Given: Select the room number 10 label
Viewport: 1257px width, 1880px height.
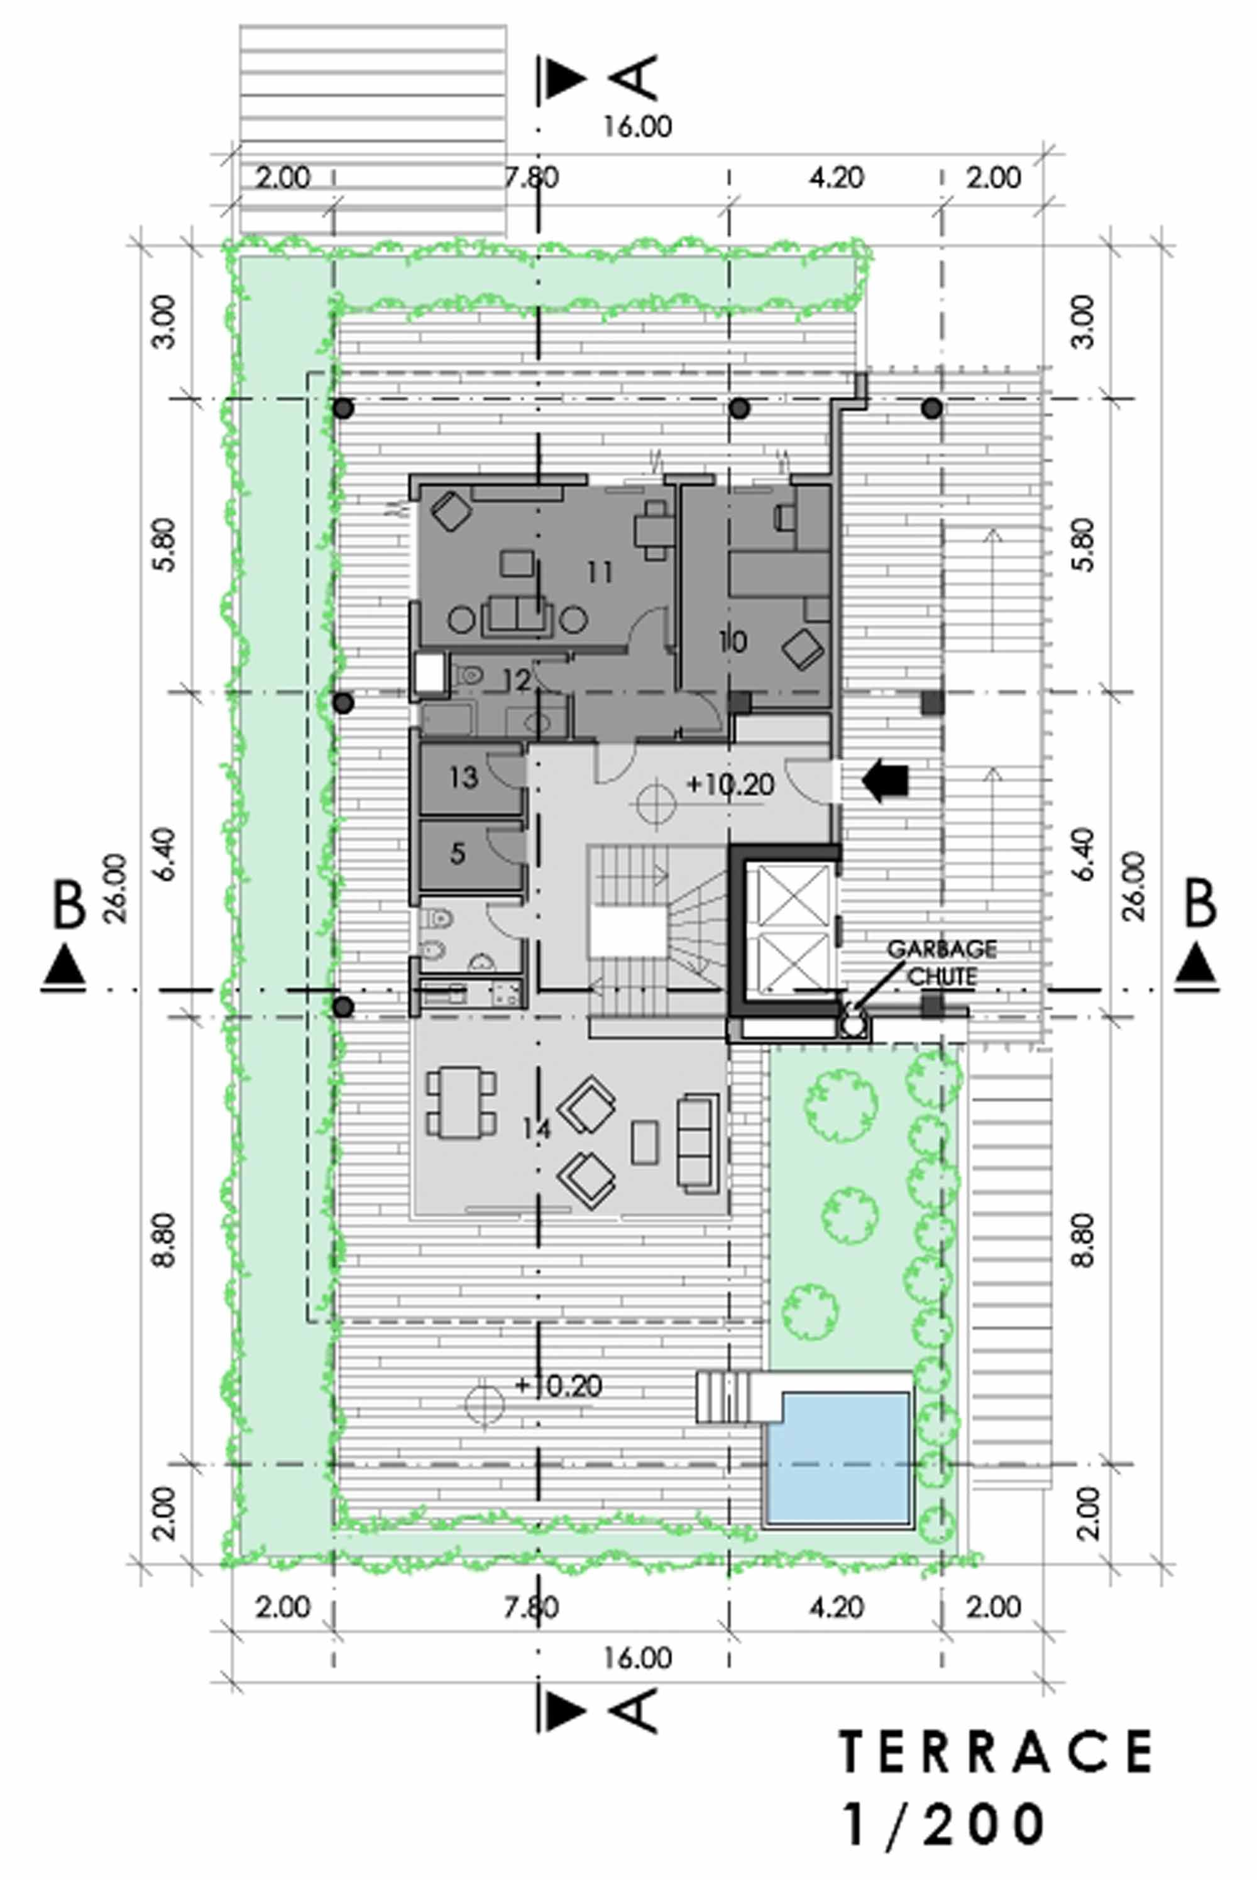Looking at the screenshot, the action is pyautogui.click(x=733, y=640).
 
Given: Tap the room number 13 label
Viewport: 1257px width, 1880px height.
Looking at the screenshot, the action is pyautogui.click(x=463, y=776).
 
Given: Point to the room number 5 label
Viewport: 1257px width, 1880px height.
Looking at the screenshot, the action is pyautogui.click(x=457, y=852).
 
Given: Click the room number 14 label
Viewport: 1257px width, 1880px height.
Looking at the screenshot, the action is pyautogui.click(x=535, y=1129).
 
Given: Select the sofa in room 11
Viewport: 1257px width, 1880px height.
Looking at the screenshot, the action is pyautogui.click(x=517, y=616).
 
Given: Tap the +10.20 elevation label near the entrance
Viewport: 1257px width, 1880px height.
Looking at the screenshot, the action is pyautogui.click(x=731, y=784).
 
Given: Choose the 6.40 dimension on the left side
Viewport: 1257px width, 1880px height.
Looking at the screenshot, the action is pyautogui.click(x=165, y=855).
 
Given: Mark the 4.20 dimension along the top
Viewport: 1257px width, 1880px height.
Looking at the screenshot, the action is pyautogui.click(x=836, y=177).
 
